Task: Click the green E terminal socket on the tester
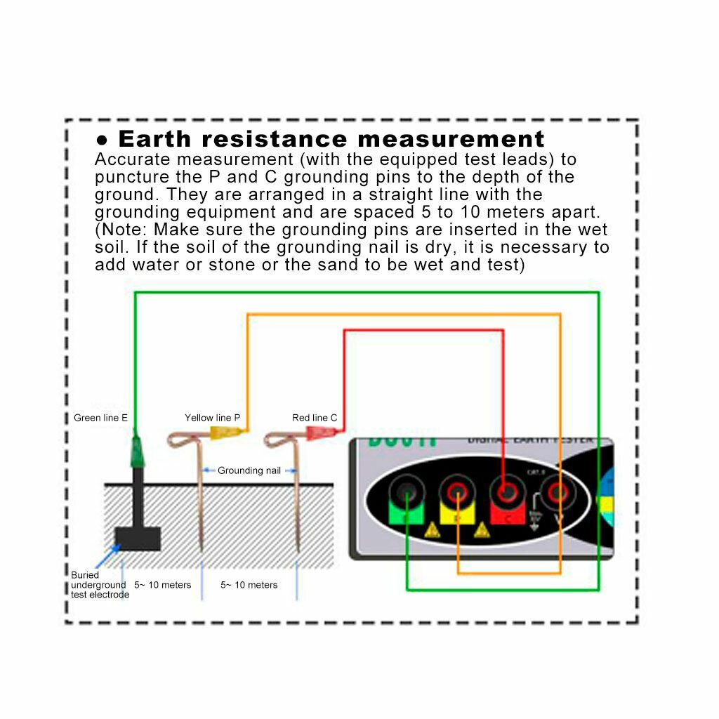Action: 405,496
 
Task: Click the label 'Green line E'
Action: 100,418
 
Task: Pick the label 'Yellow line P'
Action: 212,418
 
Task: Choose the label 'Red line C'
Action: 315,418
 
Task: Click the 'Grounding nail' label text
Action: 249,470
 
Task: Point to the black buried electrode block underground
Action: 138,539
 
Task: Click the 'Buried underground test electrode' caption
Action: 100,585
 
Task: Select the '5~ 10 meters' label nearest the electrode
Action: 162,585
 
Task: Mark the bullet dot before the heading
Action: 103,139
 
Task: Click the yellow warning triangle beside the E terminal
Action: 430,532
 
